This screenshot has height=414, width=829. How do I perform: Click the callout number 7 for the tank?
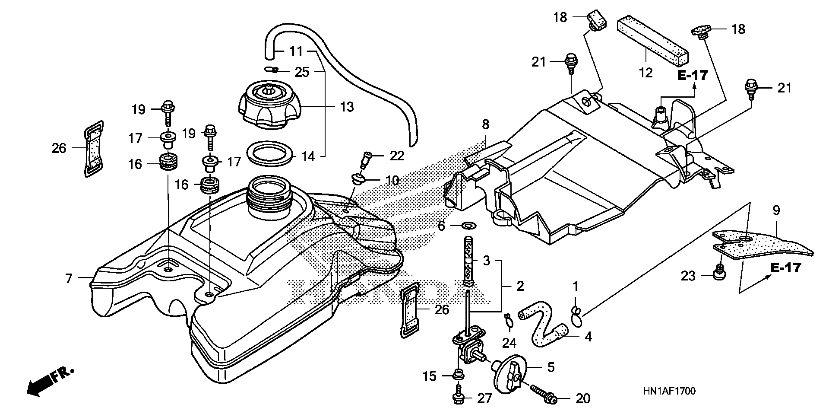click(x=69, y=279)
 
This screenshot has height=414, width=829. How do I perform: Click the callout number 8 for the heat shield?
click(x=486, y=125)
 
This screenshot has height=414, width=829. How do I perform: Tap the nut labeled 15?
click(x=459, y=374)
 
